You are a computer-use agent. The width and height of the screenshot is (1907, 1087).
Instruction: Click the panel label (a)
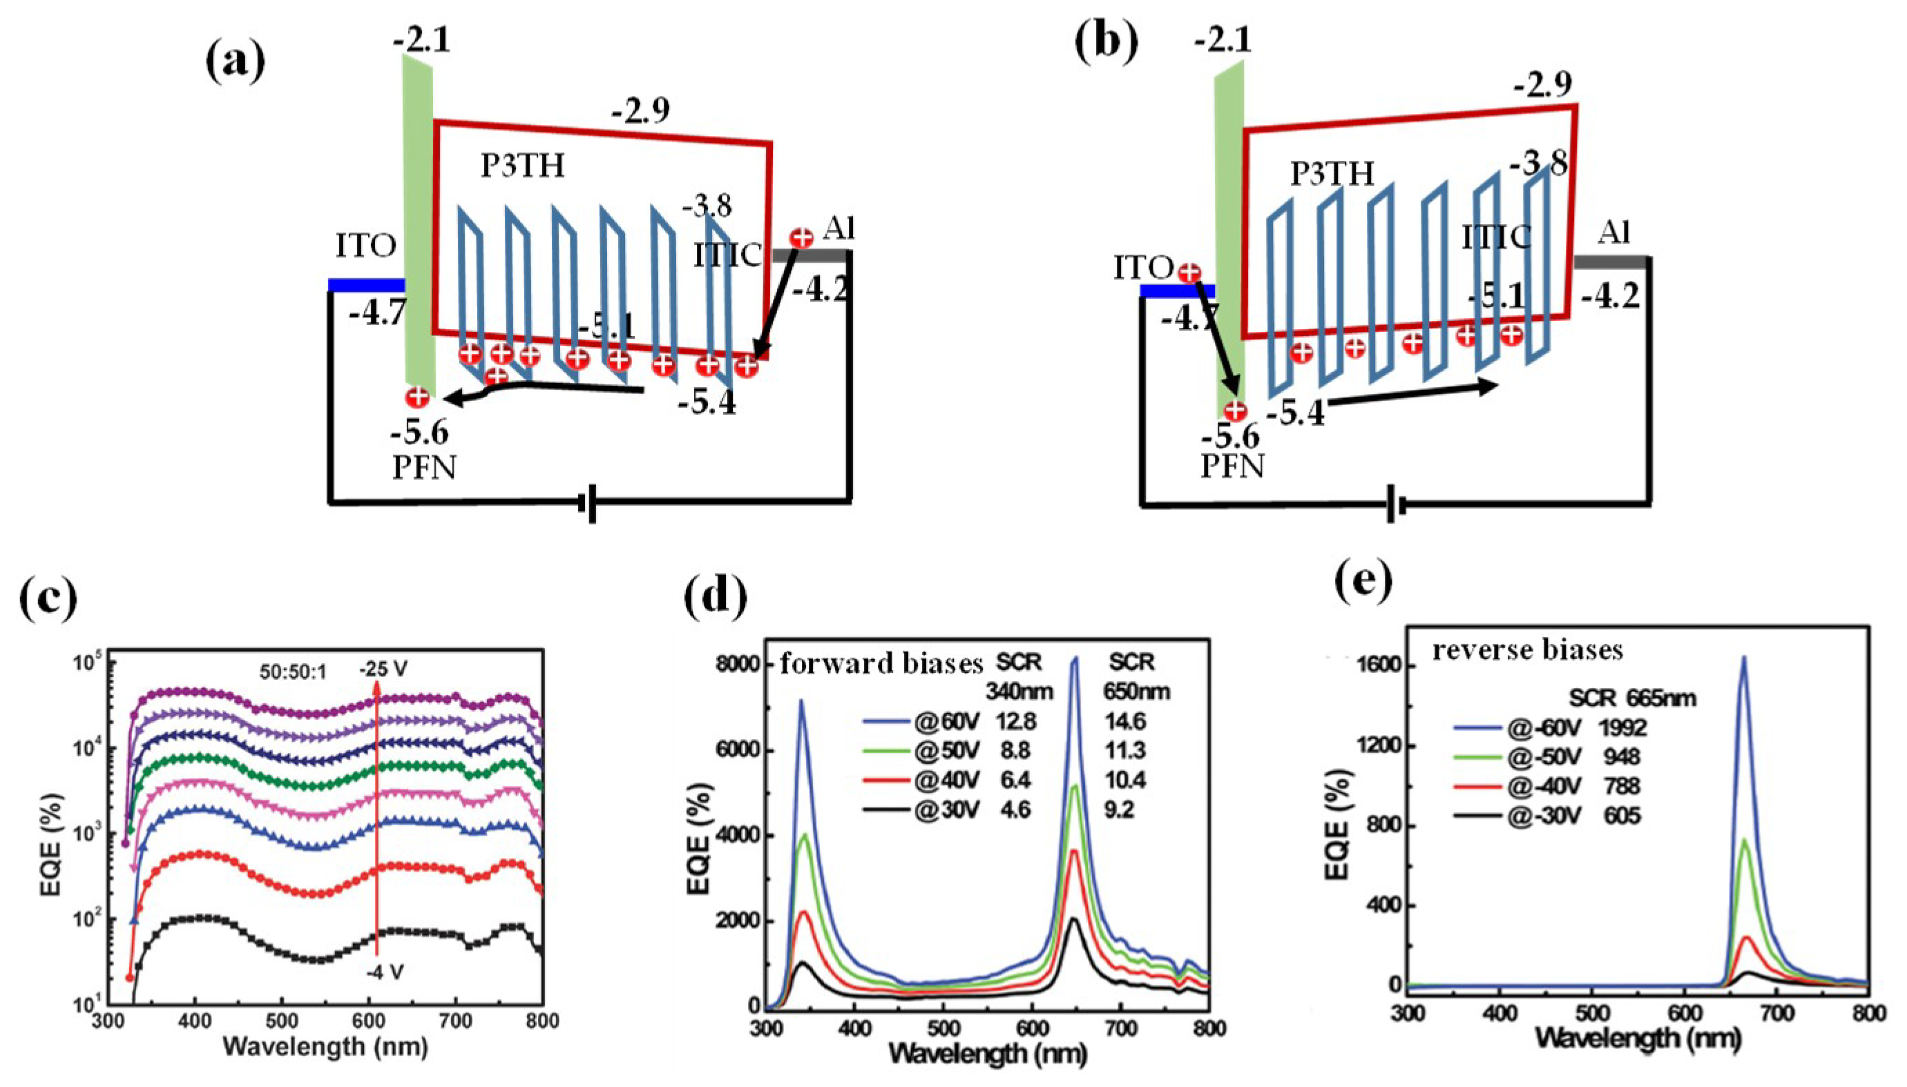[236, 64]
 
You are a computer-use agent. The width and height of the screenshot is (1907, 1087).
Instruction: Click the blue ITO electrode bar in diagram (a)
[366, 284]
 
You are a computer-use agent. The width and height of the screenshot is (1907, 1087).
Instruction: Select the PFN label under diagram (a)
[424, 468]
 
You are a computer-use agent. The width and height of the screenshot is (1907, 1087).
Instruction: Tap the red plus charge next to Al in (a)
[801, 237]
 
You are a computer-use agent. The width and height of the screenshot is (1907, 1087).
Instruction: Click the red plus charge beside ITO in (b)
[1189, 273]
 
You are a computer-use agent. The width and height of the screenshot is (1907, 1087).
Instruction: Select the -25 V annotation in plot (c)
[383, 669]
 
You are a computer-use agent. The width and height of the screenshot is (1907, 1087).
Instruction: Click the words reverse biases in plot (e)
[1528, 650]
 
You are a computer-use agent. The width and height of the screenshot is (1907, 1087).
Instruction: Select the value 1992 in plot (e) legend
[1622, 727]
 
